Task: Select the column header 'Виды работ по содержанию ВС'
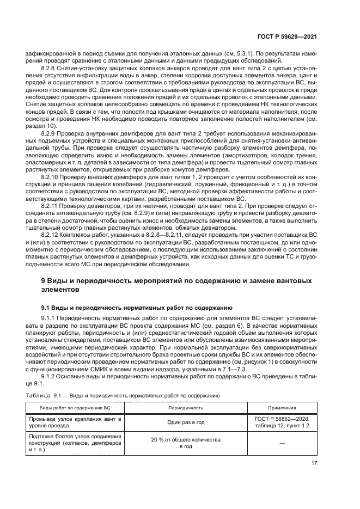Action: pos(74,407)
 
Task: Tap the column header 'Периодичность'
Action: pos(186,407)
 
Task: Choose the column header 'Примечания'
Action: pos(282,407)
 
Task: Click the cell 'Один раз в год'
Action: pos(186,422)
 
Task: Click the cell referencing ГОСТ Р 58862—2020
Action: pos(282,422)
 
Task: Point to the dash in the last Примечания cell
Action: pos(282,443)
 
